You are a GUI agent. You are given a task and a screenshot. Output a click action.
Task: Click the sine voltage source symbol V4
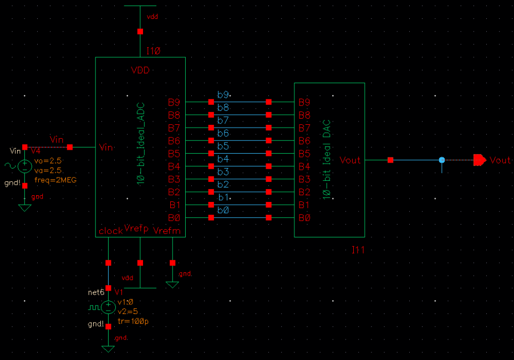[24, 166]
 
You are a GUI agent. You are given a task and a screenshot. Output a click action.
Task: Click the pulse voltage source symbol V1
[108, 307]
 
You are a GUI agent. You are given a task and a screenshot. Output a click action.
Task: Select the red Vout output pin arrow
[480, 160]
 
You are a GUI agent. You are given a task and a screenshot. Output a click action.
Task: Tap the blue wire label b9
[223, 95]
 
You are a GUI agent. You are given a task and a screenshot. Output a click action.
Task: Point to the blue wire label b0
[223, 210]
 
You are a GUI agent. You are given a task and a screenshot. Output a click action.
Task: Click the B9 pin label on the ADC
[174, 103]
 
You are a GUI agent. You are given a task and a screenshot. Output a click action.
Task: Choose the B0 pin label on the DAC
[304, 218]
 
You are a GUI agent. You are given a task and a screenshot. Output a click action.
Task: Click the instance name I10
[153, 51]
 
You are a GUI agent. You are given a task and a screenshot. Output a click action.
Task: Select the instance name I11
[358, 250]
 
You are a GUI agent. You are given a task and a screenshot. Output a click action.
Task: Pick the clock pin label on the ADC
[110, 231]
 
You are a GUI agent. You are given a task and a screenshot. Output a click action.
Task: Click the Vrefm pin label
[167, 230]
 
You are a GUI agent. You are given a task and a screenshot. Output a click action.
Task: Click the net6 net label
[96, 292]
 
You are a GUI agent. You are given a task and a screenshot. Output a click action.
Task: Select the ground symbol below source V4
[24, 207]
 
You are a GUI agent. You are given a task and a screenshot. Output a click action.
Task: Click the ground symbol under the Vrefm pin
[172, 284]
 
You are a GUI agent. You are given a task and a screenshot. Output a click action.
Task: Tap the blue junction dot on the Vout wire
[441, 160]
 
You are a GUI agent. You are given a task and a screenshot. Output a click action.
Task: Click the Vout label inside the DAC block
[350, 160]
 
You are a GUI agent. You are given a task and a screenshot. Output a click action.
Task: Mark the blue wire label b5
[223, 146]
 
